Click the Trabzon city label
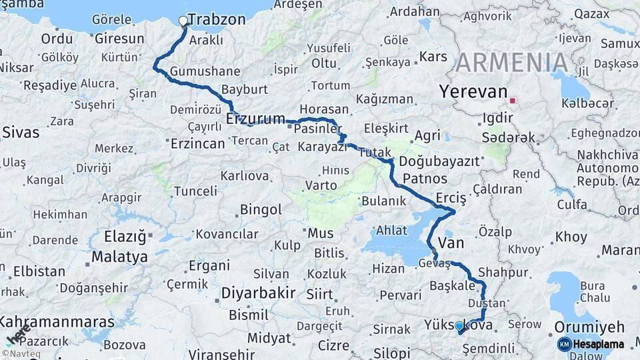pyautogui.click(x=217, y=20)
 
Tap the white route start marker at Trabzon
pyautogui.click(x=183, y=21)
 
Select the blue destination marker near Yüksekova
pyautogui.click(x=459, y=326)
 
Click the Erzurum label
pyautogui.click(x=255, y=119)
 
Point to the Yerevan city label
pyautogui.click(x=473, y=92)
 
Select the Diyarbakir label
pyautogui.click(x=258, y=293)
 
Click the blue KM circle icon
pyautogui.click(x=565, y=345)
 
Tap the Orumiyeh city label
pyautogui.click(x=590, y=327)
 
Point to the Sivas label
pyautogui.click(x=20, y=132)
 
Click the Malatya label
pyautogui.click(x=119, y=257)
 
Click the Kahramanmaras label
pyautogui.click(x=57, y=322)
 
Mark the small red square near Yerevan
pyautogui.click(x=512, y=101)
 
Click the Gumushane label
pyautogui.click(x=205, y=71)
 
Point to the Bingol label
pyautogui.click(x=261, y=210)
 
